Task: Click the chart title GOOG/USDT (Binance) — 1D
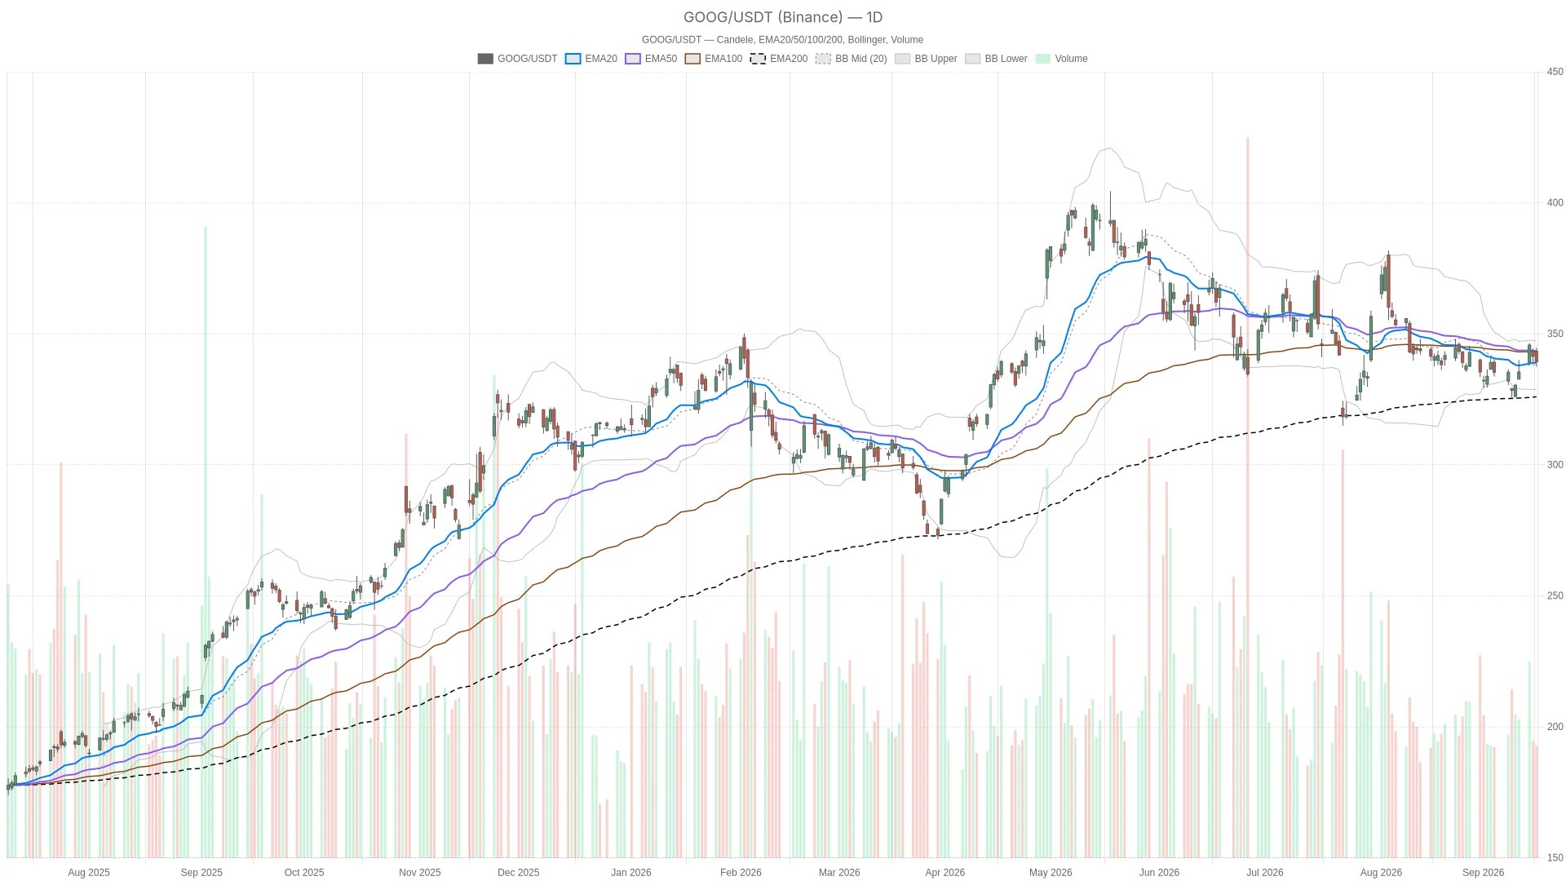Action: coord(783,17)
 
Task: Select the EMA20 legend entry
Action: coord(591,59)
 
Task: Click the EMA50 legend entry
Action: coord(651,59)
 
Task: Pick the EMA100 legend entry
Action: coord(714,59)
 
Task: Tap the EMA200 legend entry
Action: coord(779,59)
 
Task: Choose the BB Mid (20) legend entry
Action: coord(852,59)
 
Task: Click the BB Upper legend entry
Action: coord(926,59)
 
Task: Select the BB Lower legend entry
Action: coord(996,59)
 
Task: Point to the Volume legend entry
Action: coord(1061,59)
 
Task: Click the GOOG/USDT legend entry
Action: coord(517,59)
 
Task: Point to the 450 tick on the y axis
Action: coord(1555,72)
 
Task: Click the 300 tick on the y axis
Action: coord(1555,465)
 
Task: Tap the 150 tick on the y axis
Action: coord(1555,857)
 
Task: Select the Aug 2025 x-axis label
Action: coord(89,873)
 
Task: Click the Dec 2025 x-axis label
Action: coord(518,873)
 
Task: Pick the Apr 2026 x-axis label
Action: coord(944,873)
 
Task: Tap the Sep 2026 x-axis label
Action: coord(1483,873)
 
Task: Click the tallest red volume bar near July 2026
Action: coord(1247,498)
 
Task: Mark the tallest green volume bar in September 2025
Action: coord(206,542)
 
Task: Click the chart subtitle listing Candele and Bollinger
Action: coord(782,40)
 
